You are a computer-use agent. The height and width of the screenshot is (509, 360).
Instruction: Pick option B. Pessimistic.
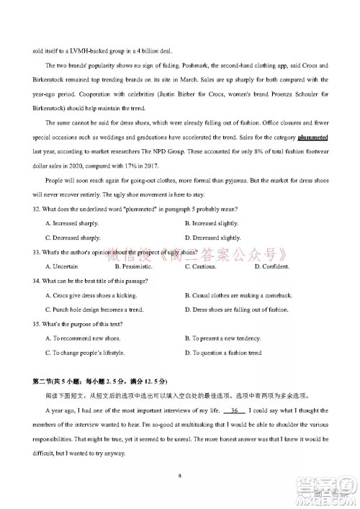[x=134, y=267]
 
